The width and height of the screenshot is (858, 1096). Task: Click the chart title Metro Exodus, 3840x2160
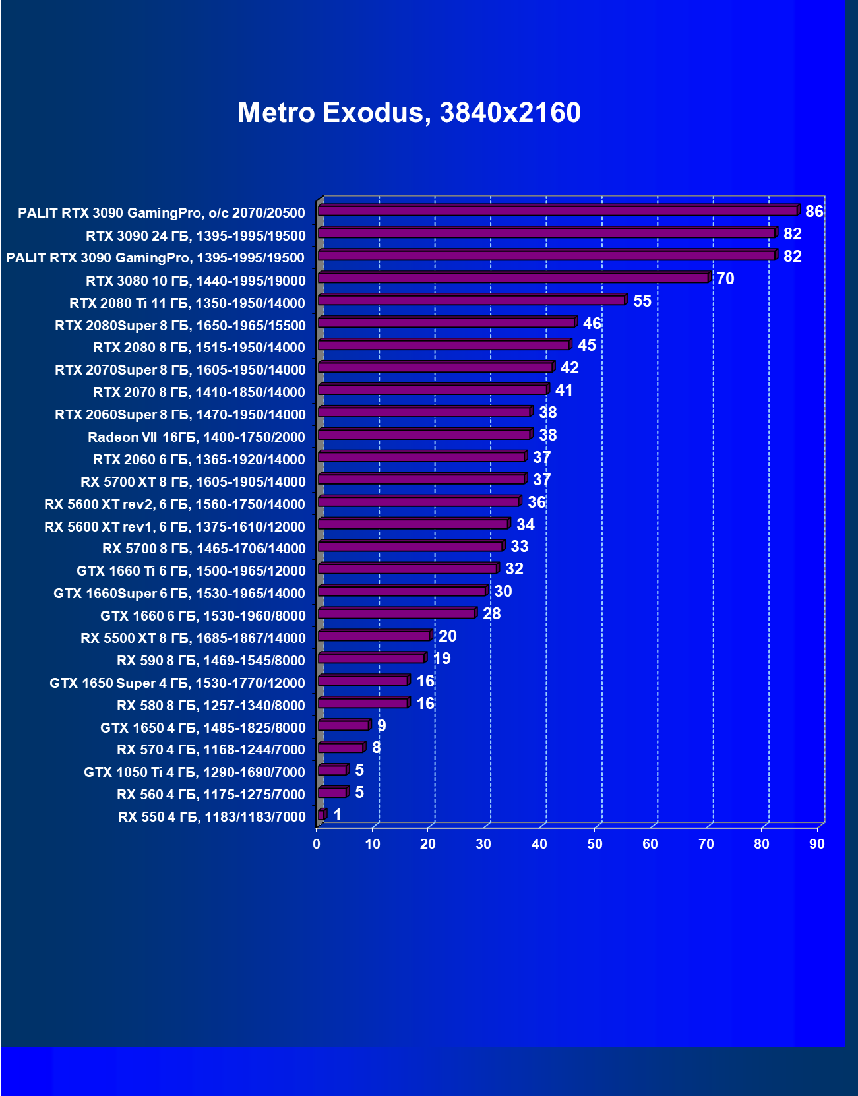[x=409, y=113]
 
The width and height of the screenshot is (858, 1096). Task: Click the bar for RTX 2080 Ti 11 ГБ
[x=472, y=301]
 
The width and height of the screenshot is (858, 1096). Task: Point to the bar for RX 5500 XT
[x=374, y=636]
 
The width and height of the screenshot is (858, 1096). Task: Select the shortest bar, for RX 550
[x=321, y=815]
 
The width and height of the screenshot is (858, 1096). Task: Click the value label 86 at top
[x=814, y=212]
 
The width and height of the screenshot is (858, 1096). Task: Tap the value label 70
[x=725, y=279]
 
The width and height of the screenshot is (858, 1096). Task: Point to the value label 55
[x=642, y=301]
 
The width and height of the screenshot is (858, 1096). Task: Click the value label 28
[x=491, y=614]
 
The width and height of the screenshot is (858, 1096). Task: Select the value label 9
[x=381, y=726]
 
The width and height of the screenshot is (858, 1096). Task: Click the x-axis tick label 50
[x=595, y=845]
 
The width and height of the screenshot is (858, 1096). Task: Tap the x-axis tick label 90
[x=817, y=845]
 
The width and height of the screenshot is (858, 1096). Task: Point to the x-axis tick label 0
[x=317, y=845]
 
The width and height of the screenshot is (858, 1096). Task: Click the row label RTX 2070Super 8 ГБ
[x=180, y=370]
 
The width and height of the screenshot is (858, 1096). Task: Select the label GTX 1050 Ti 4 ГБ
[x=195, y=772]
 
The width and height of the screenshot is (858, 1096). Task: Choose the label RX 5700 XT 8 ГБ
[x=193, y=482]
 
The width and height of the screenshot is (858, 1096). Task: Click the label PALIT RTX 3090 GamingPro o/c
[x=162, y=213]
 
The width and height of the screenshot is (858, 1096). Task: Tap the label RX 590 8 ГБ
[x=211, y=661]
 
